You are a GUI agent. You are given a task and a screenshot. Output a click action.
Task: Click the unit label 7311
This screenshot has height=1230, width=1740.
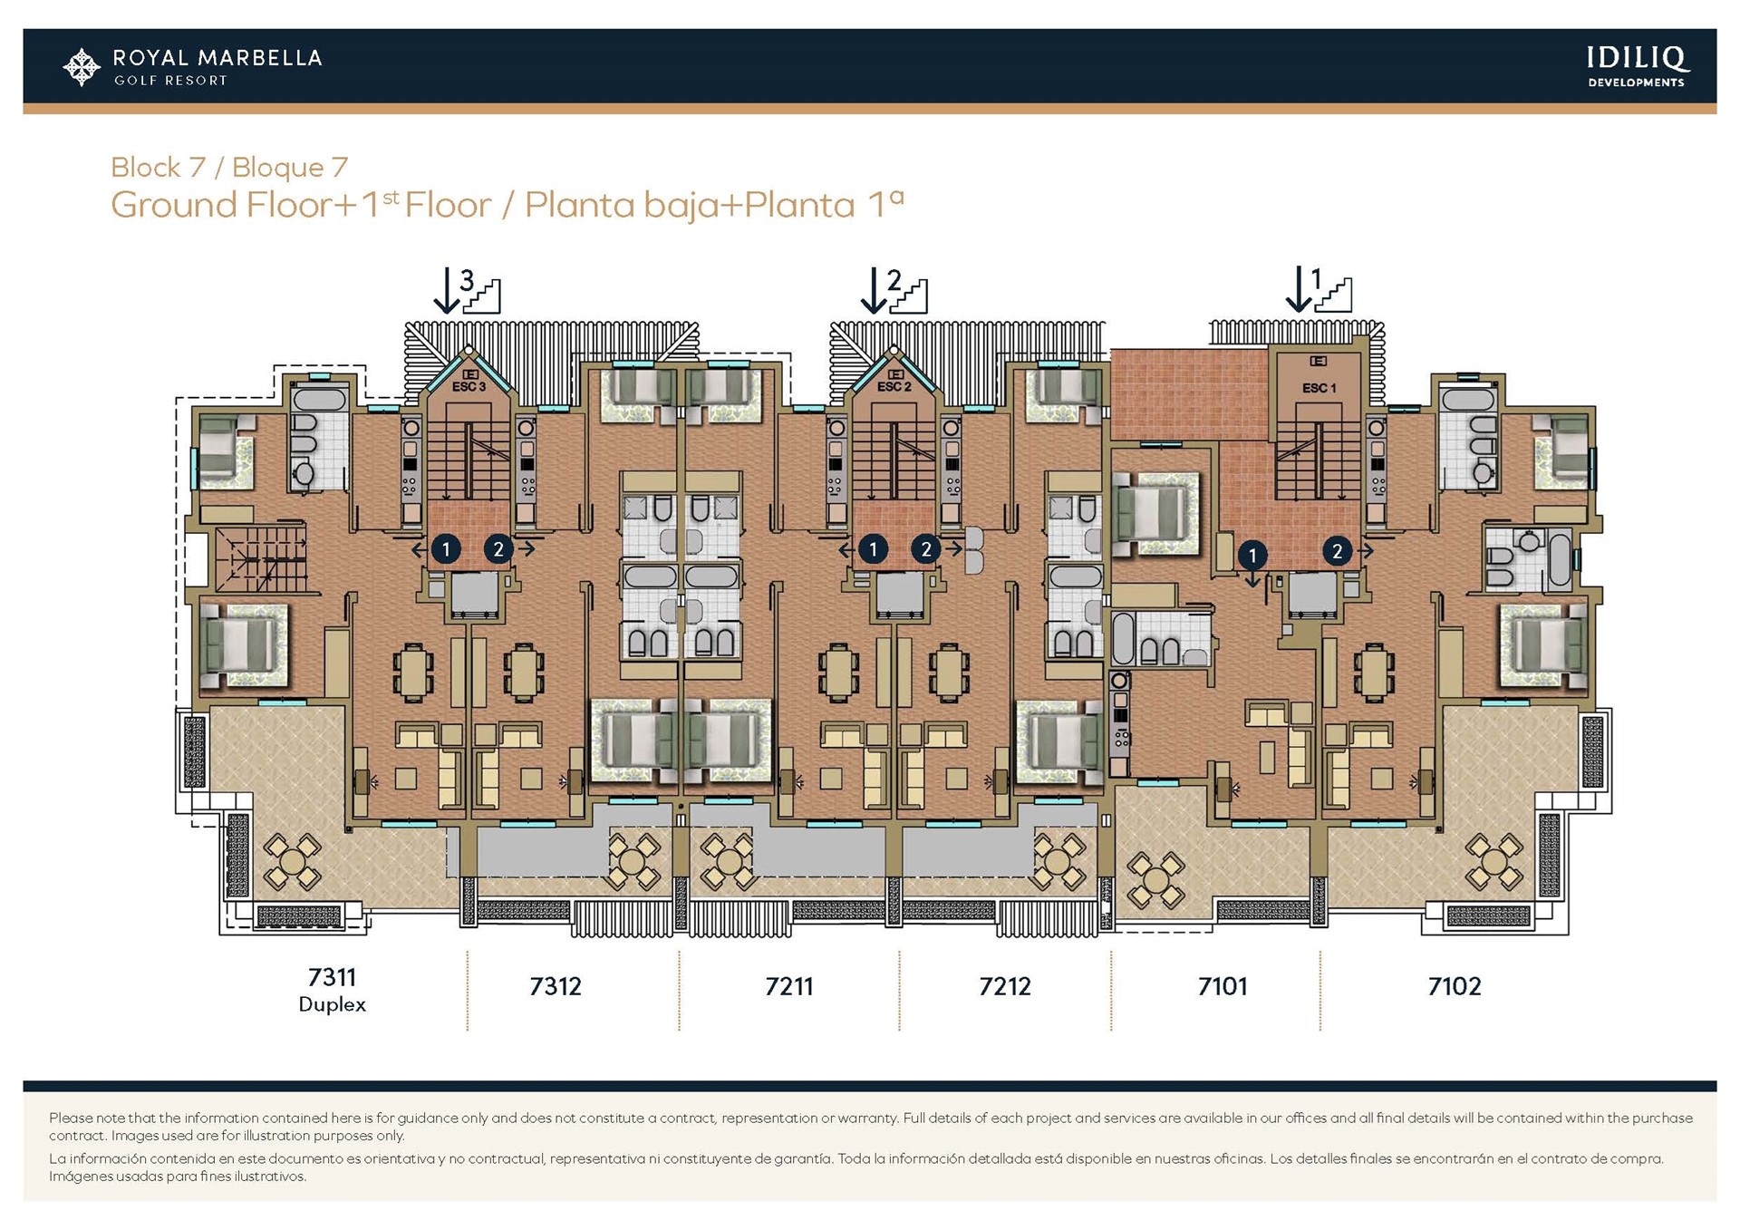click(332, 977)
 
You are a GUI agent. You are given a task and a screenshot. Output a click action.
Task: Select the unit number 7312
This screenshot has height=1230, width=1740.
click(555, 986)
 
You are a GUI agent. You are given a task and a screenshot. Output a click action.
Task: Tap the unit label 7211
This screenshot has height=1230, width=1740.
click(788, 986)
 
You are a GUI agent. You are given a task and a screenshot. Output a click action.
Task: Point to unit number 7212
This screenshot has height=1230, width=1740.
click(1004, 986)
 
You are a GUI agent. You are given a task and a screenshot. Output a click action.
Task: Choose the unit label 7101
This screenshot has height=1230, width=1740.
click(1223, 986)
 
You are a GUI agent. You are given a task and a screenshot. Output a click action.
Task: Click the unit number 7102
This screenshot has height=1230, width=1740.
click(1455, 986)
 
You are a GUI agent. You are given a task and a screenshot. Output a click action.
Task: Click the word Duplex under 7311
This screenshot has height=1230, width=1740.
click(332, 1005)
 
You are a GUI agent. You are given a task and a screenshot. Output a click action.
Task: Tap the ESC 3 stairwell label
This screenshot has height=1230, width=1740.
click(469, 387)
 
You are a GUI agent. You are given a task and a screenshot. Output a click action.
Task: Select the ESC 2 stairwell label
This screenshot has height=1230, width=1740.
click(894, 387)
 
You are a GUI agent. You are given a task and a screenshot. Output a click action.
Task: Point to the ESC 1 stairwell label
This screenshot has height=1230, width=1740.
click(1319, 388)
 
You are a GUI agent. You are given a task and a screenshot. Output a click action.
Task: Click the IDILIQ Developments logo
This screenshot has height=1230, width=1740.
click(1637, 66)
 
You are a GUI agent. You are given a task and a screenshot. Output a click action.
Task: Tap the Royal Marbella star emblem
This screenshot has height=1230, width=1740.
click(82, 67)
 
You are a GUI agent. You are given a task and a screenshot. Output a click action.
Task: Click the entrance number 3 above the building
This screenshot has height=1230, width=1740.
click(467, 280)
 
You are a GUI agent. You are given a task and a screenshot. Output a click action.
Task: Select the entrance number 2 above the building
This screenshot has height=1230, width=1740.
click(894, 280)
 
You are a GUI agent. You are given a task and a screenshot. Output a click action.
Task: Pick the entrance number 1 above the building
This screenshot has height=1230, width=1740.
click(1317, 278)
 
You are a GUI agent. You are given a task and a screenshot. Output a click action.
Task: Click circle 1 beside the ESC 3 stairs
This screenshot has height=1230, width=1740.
click(446, 548)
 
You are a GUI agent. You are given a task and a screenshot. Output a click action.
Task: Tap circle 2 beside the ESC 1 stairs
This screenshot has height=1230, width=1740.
click(1337, 550)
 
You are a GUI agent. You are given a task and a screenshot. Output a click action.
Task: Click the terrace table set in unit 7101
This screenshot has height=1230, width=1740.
click(1155, 879)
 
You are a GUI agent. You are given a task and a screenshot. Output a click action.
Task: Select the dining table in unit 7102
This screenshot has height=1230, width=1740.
click(1374, 672)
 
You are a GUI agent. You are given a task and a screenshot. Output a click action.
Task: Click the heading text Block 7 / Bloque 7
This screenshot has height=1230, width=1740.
click(229, 167)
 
